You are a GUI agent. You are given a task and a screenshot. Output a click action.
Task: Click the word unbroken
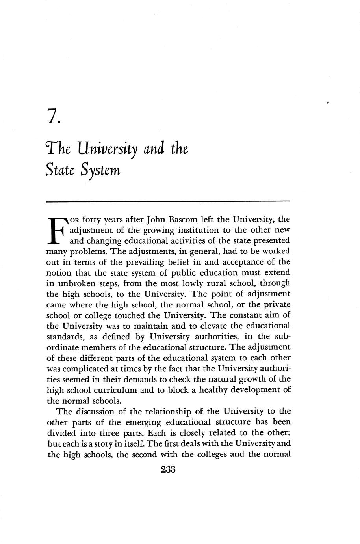[80, 283]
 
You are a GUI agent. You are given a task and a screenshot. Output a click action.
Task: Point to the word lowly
[195, 283]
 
